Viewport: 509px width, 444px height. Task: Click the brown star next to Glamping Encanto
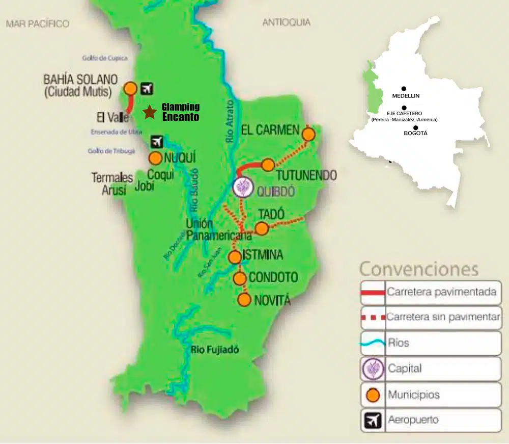coord(150,112)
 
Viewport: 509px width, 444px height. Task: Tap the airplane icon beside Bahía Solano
coord(147,88)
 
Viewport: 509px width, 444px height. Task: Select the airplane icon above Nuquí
coord(157,141)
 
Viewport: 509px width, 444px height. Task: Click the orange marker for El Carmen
coord(308,135)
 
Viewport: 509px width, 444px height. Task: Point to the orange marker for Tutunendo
coord(268,165)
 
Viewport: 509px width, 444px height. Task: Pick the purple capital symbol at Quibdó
coord(243,187)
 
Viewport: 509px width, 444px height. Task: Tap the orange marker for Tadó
coord(261,228)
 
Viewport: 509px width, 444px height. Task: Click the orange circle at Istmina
coord(235,257)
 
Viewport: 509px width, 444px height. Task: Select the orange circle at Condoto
coord(240,278)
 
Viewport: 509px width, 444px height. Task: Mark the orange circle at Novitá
coord(245,300)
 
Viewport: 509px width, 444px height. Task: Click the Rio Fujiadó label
coord(215,350)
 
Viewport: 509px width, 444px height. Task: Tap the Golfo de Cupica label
coord(105,58)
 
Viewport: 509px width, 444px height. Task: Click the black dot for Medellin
coord(404,89)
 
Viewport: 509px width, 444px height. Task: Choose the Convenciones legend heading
coord(419,269)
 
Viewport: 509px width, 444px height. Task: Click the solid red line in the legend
coord(373,293)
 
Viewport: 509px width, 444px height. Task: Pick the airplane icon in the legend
coord(373,421)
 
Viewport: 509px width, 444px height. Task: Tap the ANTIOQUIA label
coord(286,22)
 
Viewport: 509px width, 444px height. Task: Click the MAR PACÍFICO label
coord(37,23)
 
